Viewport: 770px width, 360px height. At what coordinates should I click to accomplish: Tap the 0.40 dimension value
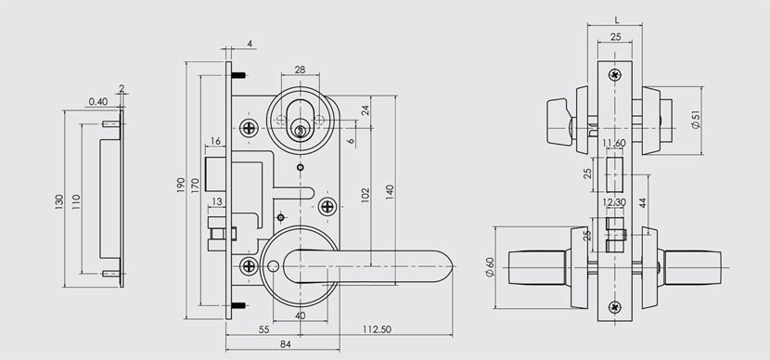point(98,102)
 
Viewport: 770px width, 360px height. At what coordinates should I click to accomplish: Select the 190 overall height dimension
point(180,186)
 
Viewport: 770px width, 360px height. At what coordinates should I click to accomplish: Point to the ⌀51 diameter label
point(696,119)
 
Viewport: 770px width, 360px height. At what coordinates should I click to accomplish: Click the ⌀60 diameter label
point(489,267)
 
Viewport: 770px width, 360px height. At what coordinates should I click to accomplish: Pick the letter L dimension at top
point(616,20)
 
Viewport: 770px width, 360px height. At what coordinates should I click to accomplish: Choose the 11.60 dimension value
point(613,143)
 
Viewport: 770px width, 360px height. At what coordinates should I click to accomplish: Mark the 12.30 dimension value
point(614,202)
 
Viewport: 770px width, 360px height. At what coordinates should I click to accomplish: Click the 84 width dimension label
point(286,344)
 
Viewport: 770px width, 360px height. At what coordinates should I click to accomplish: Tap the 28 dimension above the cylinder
point(300,70)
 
